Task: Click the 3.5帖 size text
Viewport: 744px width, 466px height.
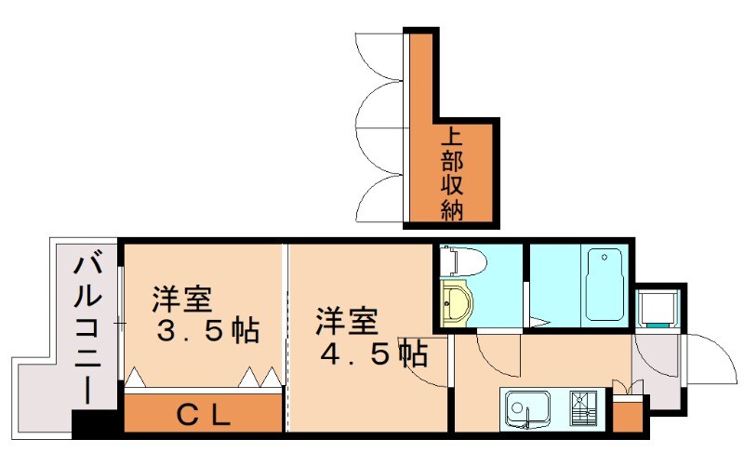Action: [206, 331]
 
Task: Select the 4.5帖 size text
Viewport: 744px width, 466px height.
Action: [374, 353]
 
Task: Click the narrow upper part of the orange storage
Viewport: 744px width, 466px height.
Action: [420, 74]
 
